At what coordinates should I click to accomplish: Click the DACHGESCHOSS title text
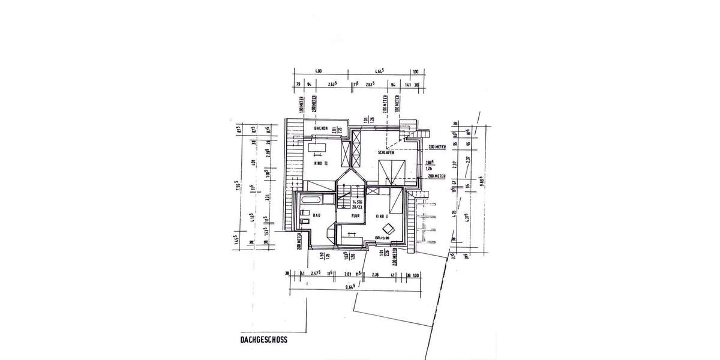260,339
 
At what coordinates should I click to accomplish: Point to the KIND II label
322,163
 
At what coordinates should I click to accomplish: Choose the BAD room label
316,215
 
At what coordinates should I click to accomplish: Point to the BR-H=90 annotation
383,238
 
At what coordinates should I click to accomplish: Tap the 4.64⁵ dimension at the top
379,71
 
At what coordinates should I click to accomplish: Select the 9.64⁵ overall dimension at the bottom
350,287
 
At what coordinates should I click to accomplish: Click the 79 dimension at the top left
298,85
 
